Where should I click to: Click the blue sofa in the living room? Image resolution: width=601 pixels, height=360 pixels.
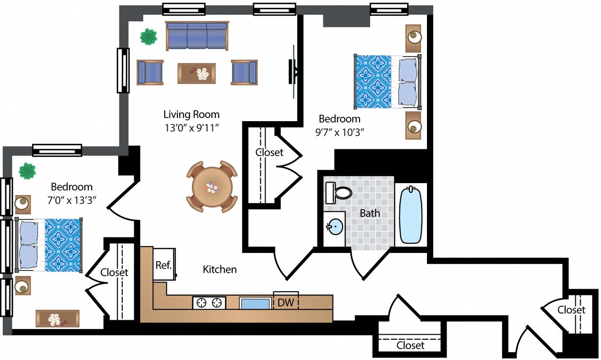[x=197, y=36]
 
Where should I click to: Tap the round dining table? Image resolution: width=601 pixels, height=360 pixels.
[x=212, y=187]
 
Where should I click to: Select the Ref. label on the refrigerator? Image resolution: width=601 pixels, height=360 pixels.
[x=163, y=265]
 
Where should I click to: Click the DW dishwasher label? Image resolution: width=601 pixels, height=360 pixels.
[x=285, y=303]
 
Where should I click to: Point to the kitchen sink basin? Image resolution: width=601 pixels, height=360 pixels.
[x=255, y=303]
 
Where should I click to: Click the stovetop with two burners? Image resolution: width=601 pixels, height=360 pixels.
[x=209, y=303]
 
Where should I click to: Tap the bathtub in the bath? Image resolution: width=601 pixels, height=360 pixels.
[x=411, y=214]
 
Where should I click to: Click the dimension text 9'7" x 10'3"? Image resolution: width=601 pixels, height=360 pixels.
[x=339, y=132]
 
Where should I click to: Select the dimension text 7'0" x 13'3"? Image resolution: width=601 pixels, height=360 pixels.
[x=72, y=200]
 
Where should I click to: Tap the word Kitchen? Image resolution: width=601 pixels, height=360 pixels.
[x=220, y=269]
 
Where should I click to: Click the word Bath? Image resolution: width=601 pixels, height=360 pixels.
[x=370, y=213]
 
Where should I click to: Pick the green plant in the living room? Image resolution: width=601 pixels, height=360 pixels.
[x=148, y=36]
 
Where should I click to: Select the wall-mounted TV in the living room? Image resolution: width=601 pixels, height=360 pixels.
[x=293, y=72]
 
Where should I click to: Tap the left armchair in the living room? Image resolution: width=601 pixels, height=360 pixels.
[x=150, y=72]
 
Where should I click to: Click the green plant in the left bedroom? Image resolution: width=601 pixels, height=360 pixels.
[x=27, y=171]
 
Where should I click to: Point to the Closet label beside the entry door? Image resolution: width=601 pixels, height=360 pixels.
[x=571, y=310]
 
